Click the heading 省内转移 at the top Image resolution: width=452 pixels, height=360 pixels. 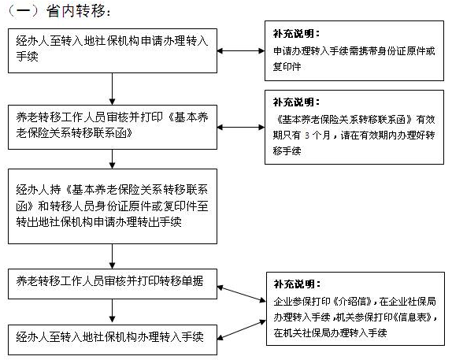tap(76, 12)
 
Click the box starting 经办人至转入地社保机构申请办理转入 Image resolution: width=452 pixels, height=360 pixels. tap(113, 50)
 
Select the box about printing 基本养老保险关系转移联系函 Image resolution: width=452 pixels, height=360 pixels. tap(113, 127)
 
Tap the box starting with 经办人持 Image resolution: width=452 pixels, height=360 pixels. tap(113, 206)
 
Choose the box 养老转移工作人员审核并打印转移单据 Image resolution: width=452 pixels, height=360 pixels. tap(113, 284)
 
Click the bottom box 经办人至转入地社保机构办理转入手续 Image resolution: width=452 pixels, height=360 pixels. tap(113, 340)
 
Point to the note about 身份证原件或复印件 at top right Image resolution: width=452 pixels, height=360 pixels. tap(354, 50)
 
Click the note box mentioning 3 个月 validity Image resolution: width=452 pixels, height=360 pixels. tap(354, 127)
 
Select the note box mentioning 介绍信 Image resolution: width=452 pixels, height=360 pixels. tap(355, 309)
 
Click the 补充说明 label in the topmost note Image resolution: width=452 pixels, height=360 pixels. tap(296, 33)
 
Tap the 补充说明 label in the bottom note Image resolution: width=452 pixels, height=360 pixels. tap(297, 284)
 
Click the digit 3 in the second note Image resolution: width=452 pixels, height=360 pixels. tap(307, 135)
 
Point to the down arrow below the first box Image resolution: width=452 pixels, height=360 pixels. tap(112, 89)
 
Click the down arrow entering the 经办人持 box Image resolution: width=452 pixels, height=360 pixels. tap(112, 159)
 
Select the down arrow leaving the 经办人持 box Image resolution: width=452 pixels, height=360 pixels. tap(112, 257)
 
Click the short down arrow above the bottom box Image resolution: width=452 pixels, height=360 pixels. tap(112, 310)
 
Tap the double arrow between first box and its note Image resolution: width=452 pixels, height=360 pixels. tap(241, 51)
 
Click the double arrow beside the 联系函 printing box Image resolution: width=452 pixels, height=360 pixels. tap(241, 127)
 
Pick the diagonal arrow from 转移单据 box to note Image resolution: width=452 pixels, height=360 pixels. tap(242, 294)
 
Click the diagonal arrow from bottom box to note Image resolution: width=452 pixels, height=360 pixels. tap(242, 329)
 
